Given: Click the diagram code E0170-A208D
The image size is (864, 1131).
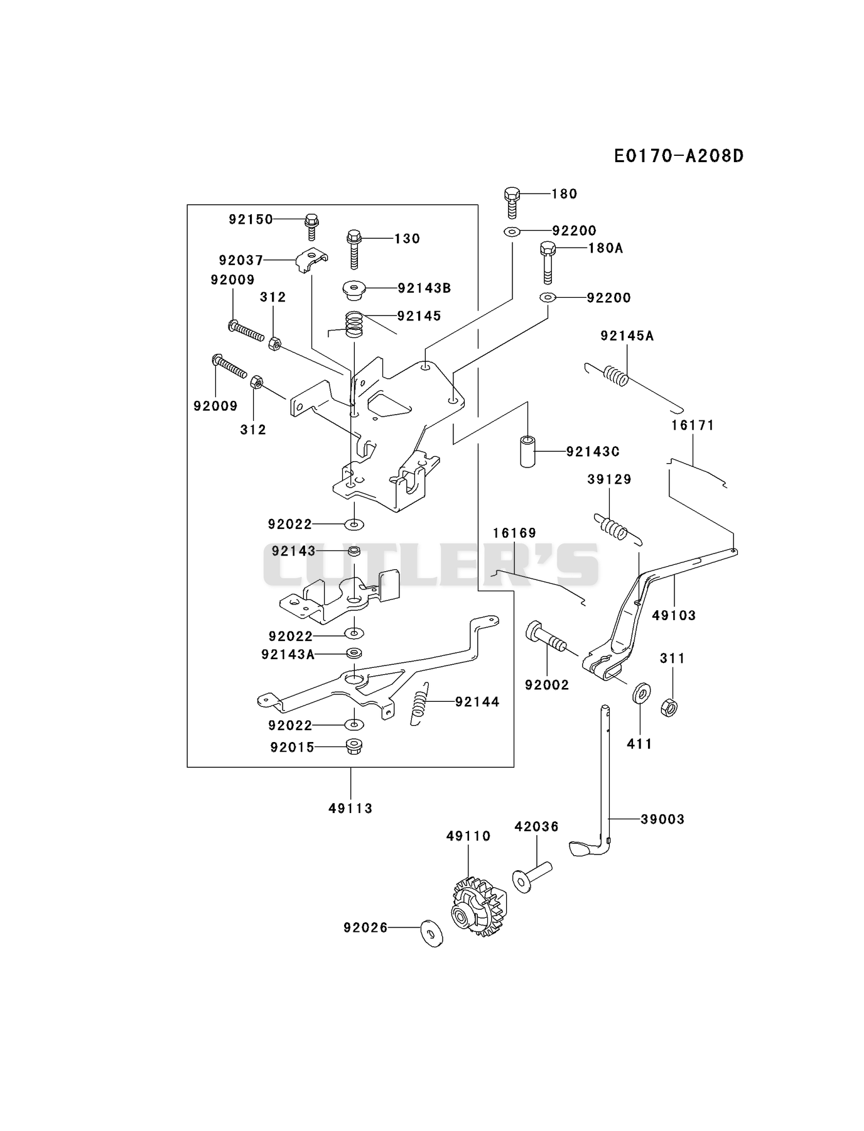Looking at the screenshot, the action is click(679, 155).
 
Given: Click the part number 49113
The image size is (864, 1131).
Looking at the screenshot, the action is click(350, 809).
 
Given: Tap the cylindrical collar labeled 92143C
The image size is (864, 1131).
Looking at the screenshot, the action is click(528, 450).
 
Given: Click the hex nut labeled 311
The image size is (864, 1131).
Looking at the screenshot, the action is click(669, 708).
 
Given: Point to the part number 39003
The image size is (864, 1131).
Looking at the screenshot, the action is click(662, 819).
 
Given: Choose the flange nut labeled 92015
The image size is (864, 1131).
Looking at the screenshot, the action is click(354, 746).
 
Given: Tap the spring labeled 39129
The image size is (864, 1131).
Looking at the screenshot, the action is click(618, 528).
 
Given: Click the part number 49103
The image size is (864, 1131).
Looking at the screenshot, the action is click(674, 615).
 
